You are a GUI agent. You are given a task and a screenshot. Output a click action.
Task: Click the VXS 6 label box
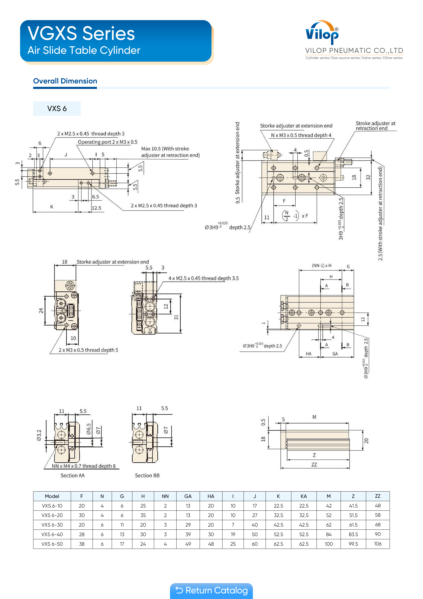(57, 109)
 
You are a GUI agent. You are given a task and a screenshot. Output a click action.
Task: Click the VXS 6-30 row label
(52, 525)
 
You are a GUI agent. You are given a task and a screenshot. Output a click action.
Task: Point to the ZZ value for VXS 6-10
(378, 506)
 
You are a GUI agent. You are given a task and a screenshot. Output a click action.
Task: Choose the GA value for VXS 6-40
(188, 534)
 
